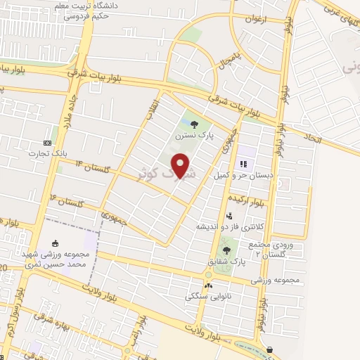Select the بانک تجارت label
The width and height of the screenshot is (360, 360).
point(47,152)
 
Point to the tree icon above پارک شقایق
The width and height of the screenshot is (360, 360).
point(226,250)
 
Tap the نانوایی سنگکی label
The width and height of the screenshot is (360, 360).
point(208,296)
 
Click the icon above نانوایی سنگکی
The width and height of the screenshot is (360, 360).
point(208,285)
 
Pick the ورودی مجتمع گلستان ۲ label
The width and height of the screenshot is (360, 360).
point(268,247)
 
